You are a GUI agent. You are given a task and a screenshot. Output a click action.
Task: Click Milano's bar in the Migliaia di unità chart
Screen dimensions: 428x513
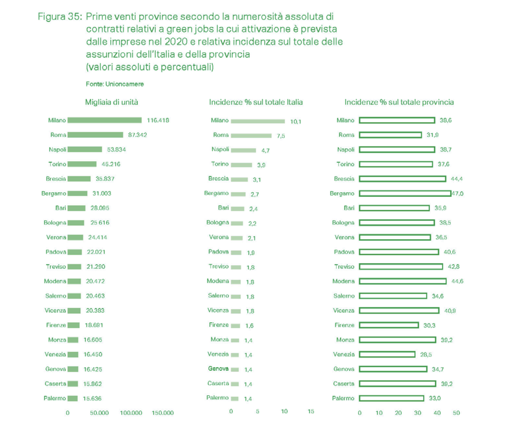pyautogui.click(x=105, y=120)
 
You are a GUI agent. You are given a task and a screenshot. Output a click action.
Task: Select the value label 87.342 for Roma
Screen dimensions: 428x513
pyautogui.click(x=137, y=135)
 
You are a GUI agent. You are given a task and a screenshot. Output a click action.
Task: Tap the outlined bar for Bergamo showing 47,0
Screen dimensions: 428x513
pyautogui.click(x=405, y=193)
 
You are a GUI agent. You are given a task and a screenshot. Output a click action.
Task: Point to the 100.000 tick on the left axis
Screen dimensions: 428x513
pyautogui.click(x=131, y=413)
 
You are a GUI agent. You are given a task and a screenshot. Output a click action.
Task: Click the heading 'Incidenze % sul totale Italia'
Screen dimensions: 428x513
pyautogui.click(x=256, y=102)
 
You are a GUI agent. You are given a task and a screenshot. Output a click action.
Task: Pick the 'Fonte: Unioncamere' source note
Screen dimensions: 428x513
pyautogui.click(x=115, y=84)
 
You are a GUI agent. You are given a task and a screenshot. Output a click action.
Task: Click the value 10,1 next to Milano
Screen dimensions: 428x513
pyautogui.click(x=295, y=121)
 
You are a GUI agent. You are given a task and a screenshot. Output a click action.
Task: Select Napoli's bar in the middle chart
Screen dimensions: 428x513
pyautogui.click(x=243, y=150)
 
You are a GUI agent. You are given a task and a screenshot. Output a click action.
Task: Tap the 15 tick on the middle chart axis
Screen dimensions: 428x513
pyautogui.click(x=311, y=411)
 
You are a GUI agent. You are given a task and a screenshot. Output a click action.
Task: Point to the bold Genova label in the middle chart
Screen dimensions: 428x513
pyautogui.click(x=218, y=369)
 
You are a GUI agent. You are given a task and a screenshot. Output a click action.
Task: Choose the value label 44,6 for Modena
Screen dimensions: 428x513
pyautogui.click(x=457, y=281)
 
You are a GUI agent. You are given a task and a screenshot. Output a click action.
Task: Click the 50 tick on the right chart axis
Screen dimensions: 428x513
pyautogui.click(x=456, y=413)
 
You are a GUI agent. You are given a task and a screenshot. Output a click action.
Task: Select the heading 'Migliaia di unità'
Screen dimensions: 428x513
pyautogui.click(x=111, y=102)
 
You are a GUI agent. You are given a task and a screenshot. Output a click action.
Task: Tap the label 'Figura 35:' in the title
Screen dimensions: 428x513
pyautogui.click(x=60, y=16)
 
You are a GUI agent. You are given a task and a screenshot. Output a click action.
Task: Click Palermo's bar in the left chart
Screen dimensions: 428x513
pyautogui.click(x=73, y=398)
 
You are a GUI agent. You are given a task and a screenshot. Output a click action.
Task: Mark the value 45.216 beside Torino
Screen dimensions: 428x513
pyautogui.click(x=111, y=164)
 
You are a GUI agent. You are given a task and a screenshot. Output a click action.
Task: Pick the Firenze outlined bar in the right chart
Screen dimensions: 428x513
pyautogui.click(x=389, y=325)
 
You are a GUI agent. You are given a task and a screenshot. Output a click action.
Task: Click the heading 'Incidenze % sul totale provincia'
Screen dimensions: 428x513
pyautogui.click(x=399, y=102)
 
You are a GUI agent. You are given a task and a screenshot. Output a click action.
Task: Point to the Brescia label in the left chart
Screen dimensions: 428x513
pyautogui.click(x=56, y=179)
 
